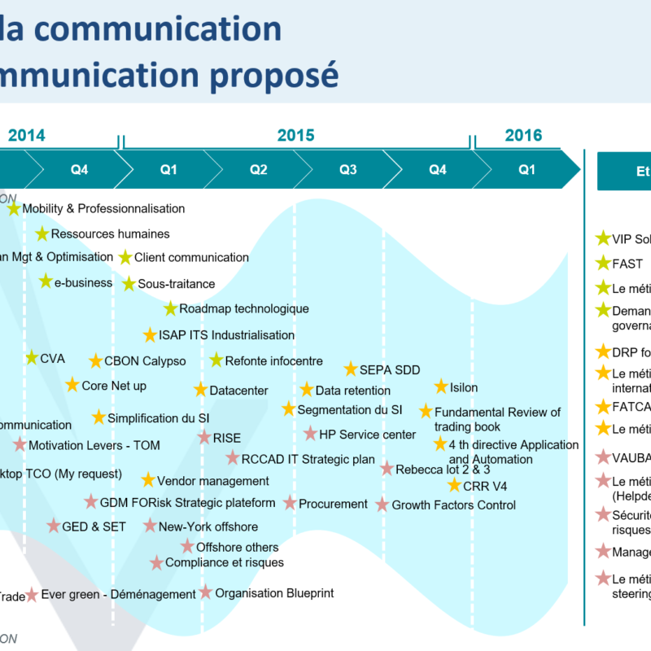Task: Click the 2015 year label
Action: coord(295,135)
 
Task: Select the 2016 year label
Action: coord(523,135)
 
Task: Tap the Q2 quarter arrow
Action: coord(259,170)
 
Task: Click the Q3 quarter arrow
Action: coord(348,170)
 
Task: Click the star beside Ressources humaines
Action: coord(42,234)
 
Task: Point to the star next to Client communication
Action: coord(125,257)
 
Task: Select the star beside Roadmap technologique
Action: coord(170,308)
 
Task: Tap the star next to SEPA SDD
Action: coord(351,369)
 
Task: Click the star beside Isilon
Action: coord(441,387)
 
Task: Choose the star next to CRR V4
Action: coord(454,485)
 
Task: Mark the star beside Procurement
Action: coord(290,503)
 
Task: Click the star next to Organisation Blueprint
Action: coord(206,592)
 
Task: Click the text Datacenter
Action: coord(238,391)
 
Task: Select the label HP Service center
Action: coord(368,435)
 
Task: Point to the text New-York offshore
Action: coord(208,526)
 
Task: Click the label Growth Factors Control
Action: coord(454,505)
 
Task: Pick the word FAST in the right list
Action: coord(627,264)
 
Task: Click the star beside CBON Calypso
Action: coord(96,360)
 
